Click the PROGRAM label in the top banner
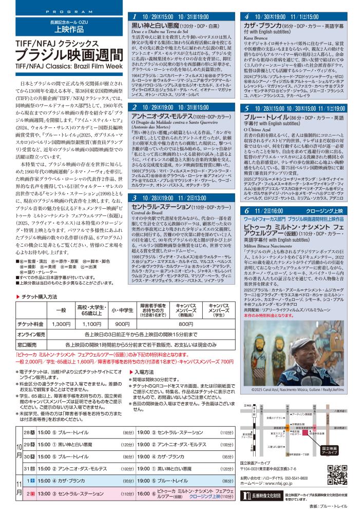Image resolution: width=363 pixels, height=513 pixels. tap(64, 11)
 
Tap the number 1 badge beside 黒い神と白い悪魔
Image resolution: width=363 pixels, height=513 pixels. tap(134, 17)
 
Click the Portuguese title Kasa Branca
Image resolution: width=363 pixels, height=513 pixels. tap(255, 38)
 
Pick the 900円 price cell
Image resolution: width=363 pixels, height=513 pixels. tap(122, 324)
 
